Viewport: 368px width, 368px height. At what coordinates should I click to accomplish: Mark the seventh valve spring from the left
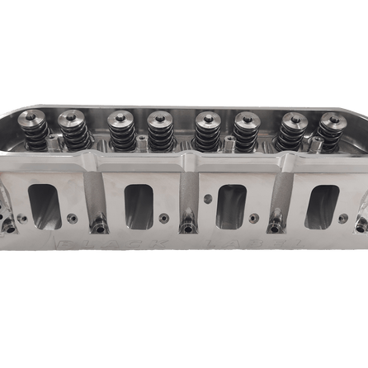(290, 133)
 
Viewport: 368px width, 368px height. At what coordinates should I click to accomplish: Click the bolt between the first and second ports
(98, 223)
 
